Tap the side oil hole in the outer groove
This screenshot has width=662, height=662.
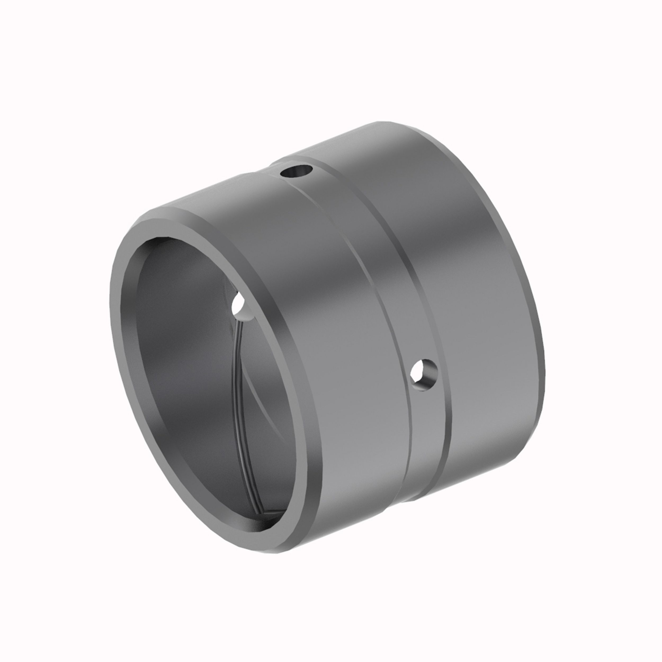[x=424, y=374]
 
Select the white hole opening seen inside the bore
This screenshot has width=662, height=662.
[x=239, y=303]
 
